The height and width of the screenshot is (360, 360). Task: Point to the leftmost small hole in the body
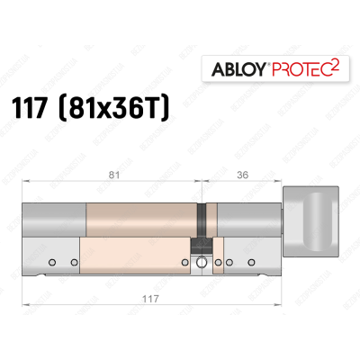click(53, 262)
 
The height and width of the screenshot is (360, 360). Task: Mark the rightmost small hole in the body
click(240, 262)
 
